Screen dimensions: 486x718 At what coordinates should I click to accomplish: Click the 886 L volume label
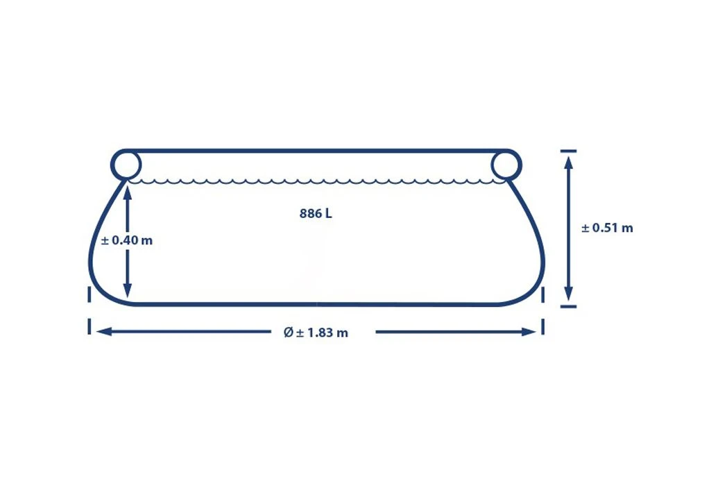click(316, 214)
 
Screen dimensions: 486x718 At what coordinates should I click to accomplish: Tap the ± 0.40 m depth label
click(127, 240)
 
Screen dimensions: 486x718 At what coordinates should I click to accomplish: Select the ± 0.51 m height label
click(607, 228)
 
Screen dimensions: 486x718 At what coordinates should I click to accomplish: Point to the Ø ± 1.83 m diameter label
click(316, 333)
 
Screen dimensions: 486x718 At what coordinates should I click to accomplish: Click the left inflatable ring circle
click(126, 165)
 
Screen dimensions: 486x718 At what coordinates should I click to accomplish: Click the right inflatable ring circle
click(506, 165)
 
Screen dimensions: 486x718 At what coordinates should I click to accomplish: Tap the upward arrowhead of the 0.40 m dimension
click(128, 187)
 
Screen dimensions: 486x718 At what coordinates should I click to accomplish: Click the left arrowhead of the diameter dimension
click(103, 332)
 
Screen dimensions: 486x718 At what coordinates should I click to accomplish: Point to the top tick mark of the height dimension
click(568, 150)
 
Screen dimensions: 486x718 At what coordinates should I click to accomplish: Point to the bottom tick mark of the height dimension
click(568, 305)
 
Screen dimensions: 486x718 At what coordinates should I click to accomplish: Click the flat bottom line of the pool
click(316, 303)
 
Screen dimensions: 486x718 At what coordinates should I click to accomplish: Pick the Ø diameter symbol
click(289, 333)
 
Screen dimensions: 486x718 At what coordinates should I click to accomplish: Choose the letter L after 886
click(328, 214)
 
